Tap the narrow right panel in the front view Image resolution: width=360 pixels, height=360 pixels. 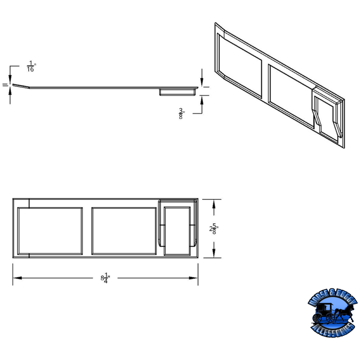click(177, 230)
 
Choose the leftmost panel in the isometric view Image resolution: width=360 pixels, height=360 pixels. click(239, 67)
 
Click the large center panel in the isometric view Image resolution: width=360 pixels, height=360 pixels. click(290, 92)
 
